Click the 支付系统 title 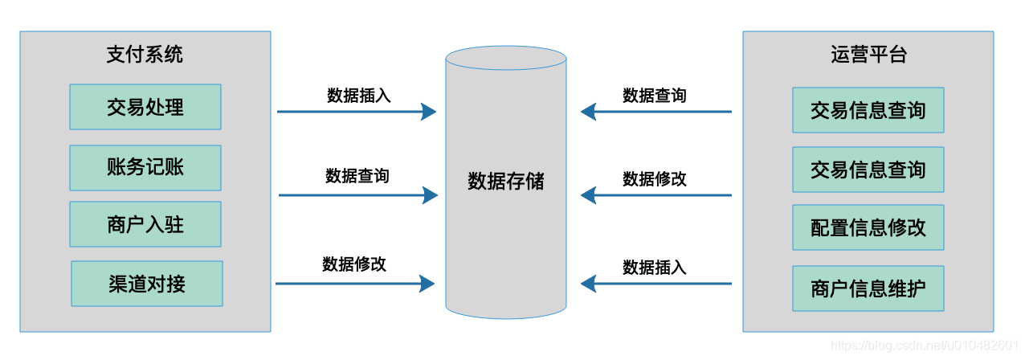145,54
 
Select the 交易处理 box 145,107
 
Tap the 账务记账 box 145,167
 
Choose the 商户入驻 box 145,224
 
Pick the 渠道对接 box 146,284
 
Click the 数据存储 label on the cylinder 506,182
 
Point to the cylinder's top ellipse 506,59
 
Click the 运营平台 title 868,54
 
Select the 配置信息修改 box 868,227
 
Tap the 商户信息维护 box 868,288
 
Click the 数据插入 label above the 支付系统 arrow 358,95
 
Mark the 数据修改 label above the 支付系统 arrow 354,264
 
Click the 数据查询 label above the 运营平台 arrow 655,95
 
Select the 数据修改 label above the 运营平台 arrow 655,178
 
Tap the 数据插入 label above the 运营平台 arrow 655,267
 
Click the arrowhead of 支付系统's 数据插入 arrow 429,112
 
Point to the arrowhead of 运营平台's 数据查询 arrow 589,112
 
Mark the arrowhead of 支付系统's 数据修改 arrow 427,283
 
